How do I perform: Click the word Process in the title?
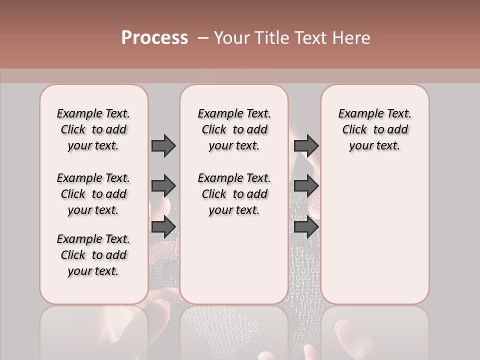click(154, 37)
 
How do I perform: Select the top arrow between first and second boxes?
click(163, 145)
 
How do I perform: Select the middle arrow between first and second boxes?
click(163, 186)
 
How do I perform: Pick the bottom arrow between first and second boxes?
click(163, 227)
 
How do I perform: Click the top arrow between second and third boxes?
click(306, 145)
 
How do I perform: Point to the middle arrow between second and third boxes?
click(306, 186)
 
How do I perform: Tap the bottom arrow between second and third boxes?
click(306, 227)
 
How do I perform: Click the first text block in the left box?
click(93, 129)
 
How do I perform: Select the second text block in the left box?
click(93, 194)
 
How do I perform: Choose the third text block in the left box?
click(93, 255)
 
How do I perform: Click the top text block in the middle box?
click(234, 129)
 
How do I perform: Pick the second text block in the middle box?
click(234, 194)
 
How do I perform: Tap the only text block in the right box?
click(374, 129)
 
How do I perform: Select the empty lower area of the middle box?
click(234, 260)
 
